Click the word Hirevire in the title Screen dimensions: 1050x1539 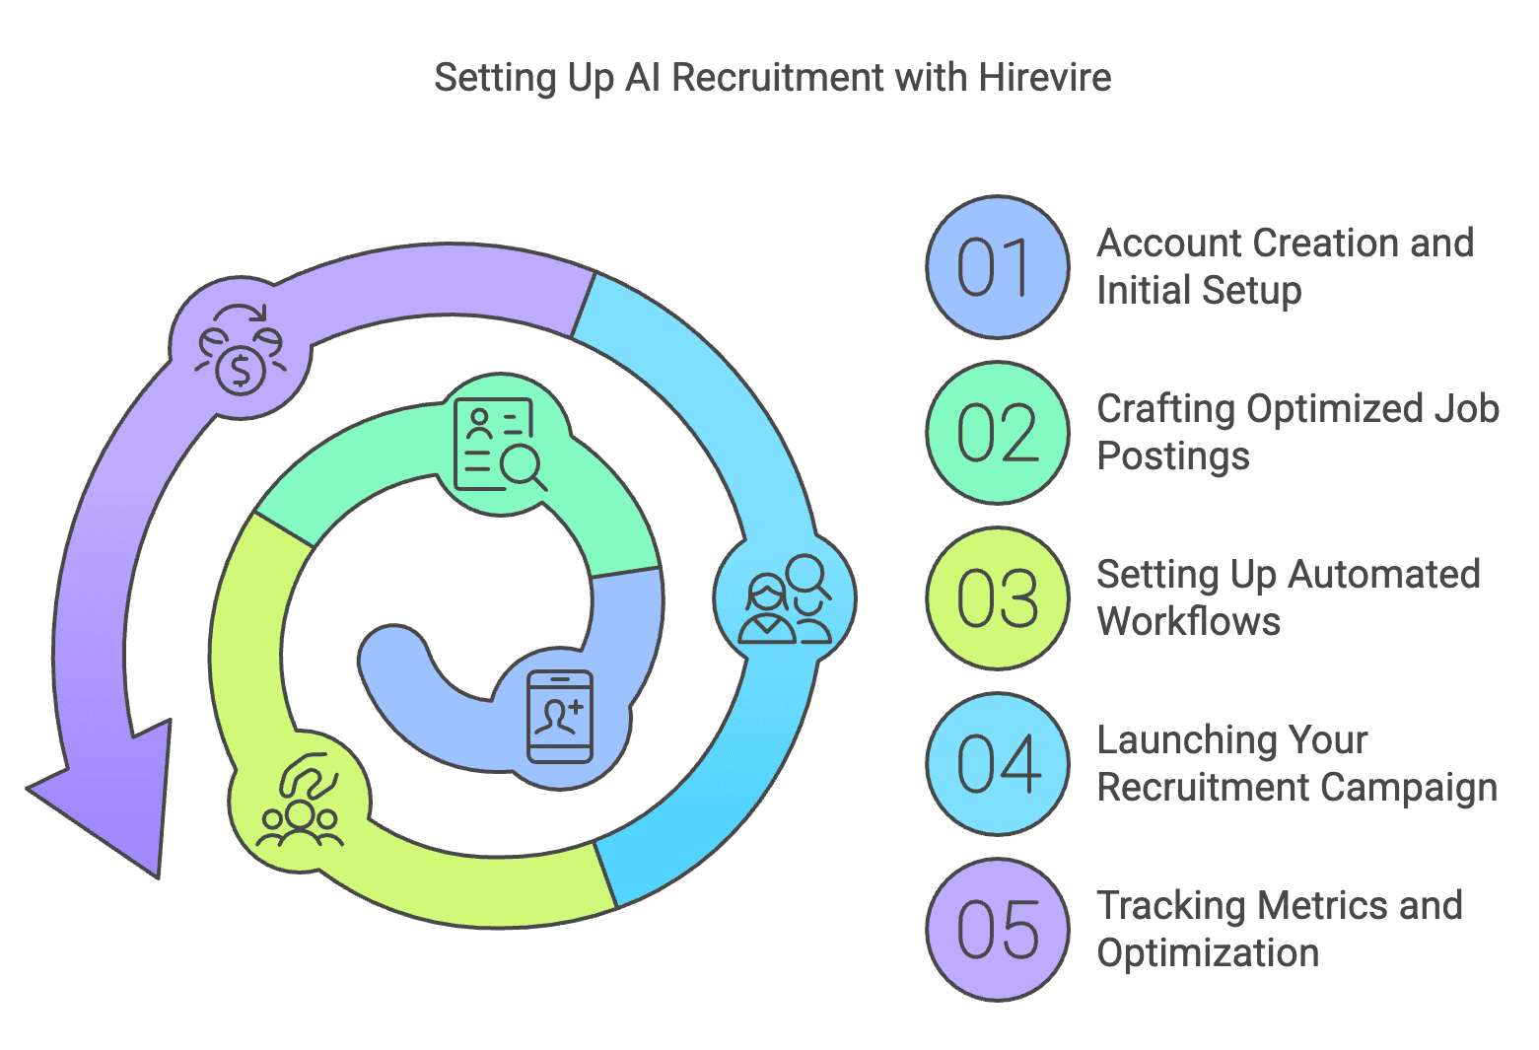(x=1045, y=78)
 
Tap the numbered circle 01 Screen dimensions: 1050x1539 (x=998, y=267)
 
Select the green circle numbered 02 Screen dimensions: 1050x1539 (x=998, y=433)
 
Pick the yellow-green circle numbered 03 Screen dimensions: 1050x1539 (x=998, y=598)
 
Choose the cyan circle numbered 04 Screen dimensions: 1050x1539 (x=998, y=764)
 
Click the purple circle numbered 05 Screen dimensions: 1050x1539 (x=998, y=930)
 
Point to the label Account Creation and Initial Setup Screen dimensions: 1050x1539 (x=1284, y=266)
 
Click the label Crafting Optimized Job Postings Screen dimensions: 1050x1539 (x=1297, y=432)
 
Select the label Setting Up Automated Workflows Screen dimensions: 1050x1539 (x=1288, y=597)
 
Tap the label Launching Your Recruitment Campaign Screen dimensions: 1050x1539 (x=1296, y=763)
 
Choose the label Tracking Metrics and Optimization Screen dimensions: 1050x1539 (x=1279, y=929)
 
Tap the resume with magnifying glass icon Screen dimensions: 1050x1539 (x=500, y=445)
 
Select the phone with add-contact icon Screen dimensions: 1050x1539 (x=560, y=717)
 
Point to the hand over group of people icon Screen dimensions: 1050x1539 (x=300, y=801)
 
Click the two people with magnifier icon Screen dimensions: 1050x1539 (x=785, y=599)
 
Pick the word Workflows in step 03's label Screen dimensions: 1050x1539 (x=1188, y=622)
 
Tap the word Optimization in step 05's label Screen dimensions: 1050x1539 (x=1208, y=953)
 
